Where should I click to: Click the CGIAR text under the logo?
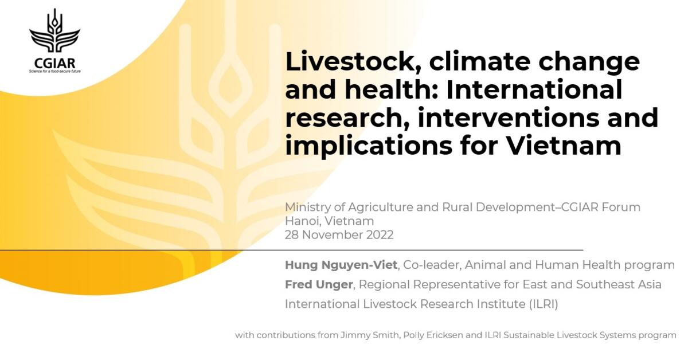54,63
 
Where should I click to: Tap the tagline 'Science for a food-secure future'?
54,72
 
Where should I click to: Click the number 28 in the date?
292,235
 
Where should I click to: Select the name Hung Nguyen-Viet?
341,265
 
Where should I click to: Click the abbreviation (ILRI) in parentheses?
542,304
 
